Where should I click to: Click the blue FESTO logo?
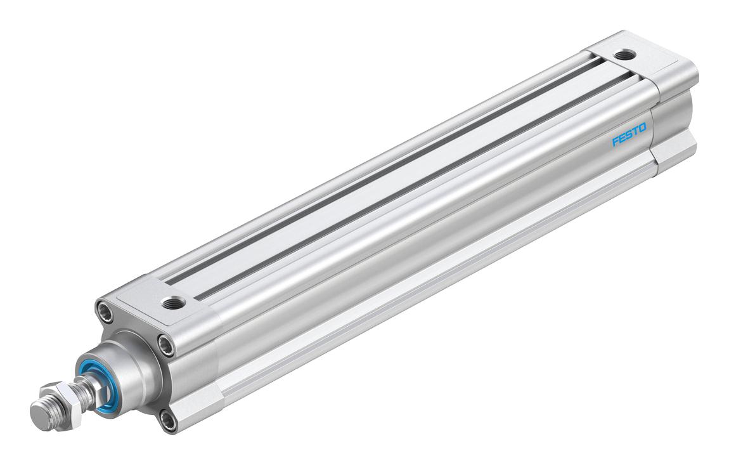pyautogui.click(x=629, y=134)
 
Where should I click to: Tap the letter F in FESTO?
pyautogui.click(x=615, y=141)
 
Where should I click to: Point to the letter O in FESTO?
pyautogui.click(x=643, y=128)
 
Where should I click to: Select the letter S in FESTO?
pyautogui.click(x=629, y=134)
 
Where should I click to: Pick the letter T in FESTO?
pyautogui.click(x=636, y=131)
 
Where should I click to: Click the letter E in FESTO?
pyautogui.click(x=622, y=137)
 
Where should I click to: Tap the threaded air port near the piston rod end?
pyautogui.click(x=173, y=303)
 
